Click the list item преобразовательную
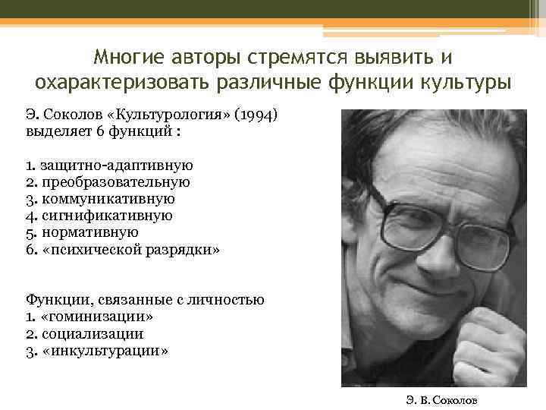[x=115, y=182]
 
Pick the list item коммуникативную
[x=107, y=199]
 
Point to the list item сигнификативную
[x=105, y=216]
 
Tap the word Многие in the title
[x=124, y=58]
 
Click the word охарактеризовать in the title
[x=114, y=82]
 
